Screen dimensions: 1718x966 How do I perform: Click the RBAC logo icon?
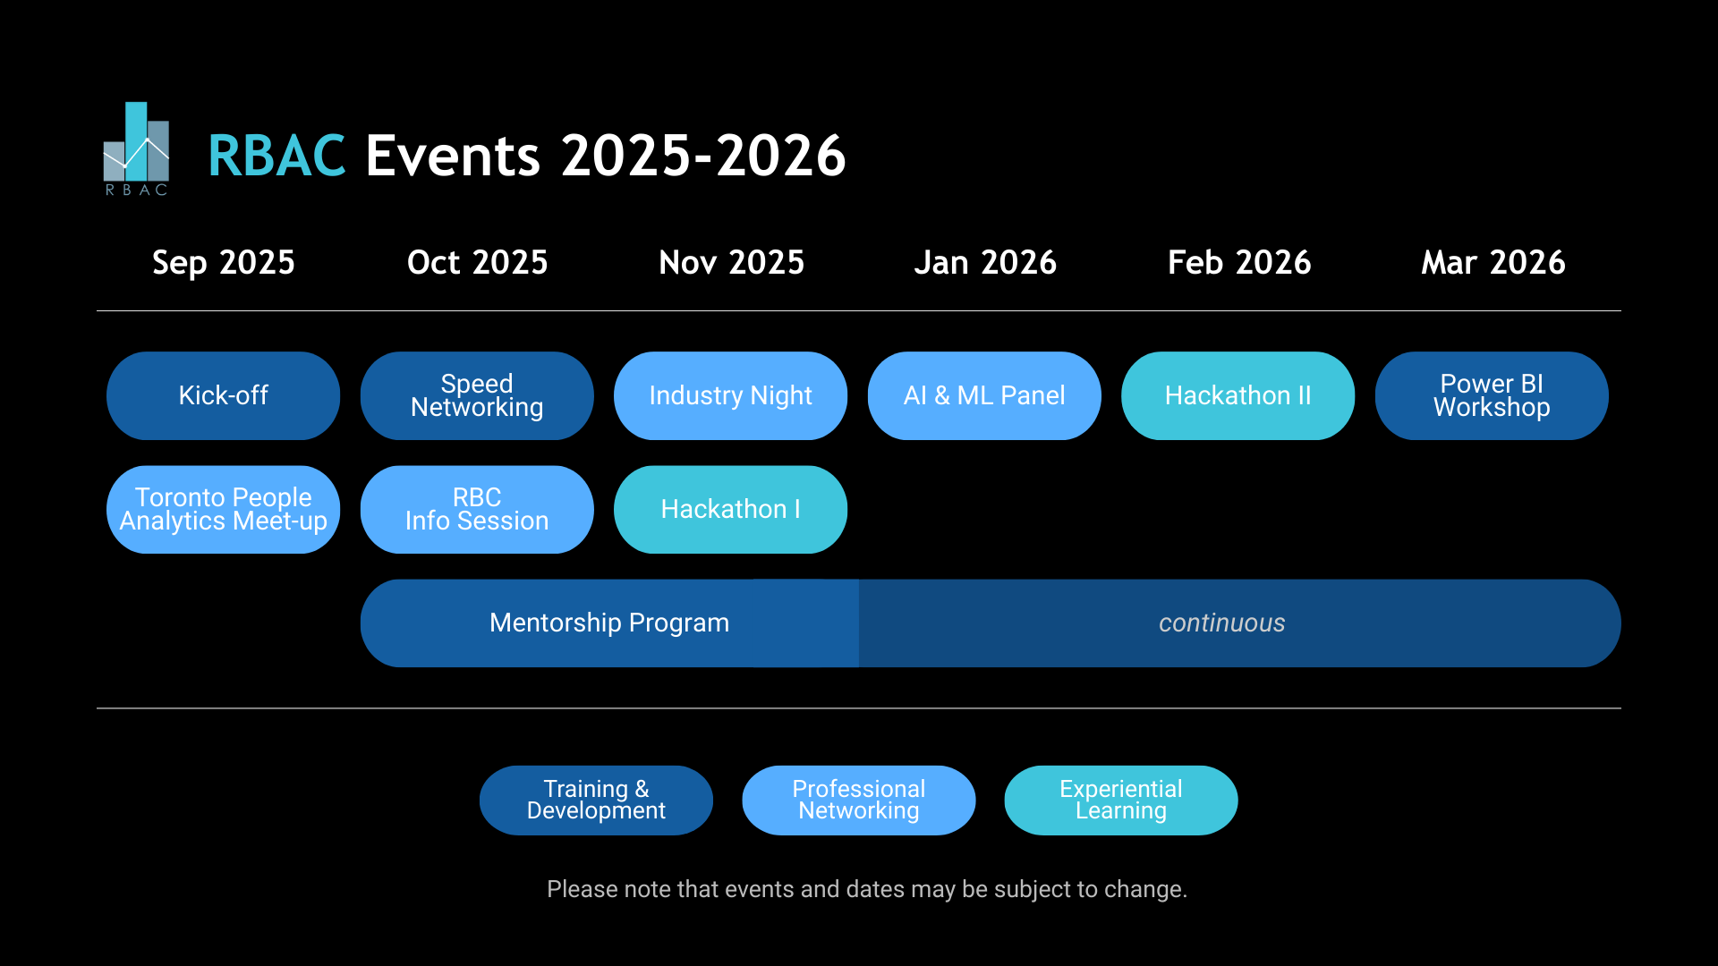[x=136, y=148]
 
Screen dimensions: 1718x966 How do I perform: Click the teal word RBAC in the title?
[x=276, y=156]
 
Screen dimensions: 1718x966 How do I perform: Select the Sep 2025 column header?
[x=224, y=263]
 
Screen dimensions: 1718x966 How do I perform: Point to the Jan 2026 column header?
[x=985, y=263]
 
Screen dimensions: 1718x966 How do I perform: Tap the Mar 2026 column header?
[x=1493, y=263]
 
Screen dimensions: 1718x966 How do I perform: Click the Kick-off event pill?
[x=224, y=395]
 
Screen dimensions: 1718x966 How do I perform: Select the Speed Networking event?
[x=477, y=395]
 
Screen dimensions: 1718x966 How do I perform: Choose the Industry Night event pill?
[x=730, y=395]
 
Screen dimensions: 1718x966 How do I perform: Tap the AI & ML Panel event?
[x=984, y=395]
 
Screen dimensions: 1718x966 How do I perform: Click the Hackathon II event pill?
[x=1237, y=395]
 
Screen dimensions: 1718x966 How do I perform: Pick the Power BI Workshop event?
[x=1492, y=395]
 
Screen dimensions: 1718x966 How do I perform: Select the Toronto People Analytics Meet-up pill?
[x=224, y=509]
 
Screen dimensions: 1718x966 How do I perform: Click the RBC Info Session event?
[x=477, y=509]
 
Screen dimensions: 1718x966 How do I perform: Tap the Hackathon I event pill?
[x=730, y=509]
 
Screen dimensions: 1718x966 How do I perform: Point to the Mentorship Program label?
[x=609, y=623]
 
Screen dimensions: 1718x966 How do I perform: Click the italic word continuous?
[x=1222, y=623]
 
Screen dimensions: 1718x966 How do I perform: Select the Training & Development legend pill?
[x=596, y=800]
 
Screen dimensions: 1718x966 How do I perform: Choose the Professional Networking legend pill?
[x=859, y=800]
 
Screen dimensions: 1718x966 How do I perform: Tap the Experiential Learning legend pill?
[x=1121, y=800]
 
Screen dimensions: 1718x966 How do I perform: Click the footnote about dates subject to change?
[x=867, y=889]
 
